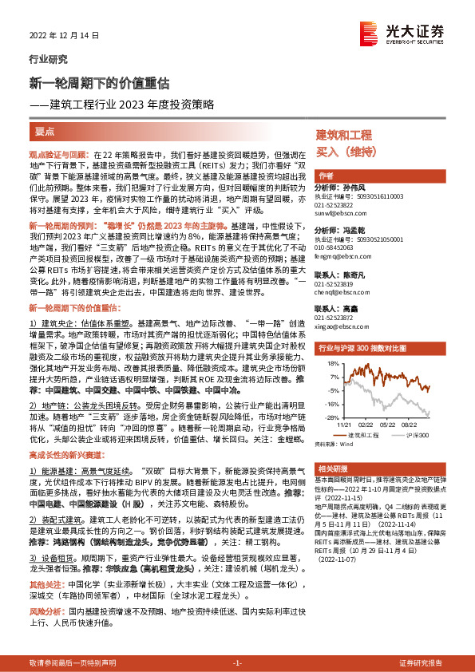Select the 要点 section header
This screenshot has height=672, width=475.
(46, 129)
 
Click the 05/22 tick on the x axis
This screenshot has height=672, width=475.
(381, 425)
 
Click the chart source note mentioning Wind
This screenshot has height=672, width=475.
(334, 443)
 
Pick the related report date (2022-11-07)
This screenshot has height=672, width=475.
(341, 560)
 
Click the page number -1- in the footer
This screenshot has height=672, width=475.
(237, 663)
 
